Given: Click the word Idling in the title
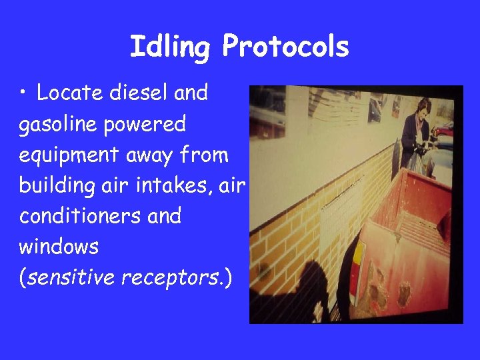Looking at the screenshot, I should coord(171,47).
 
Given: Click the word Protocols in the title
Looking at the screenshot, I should coord(285,47).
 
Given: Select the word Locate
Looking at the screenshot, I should coord(65,93).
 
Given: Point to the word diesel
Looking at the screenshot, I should coord(133,93).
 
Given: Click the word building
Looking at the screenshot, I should coord(55,185).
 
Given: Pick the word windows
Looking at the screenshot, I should coord(59,247).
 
